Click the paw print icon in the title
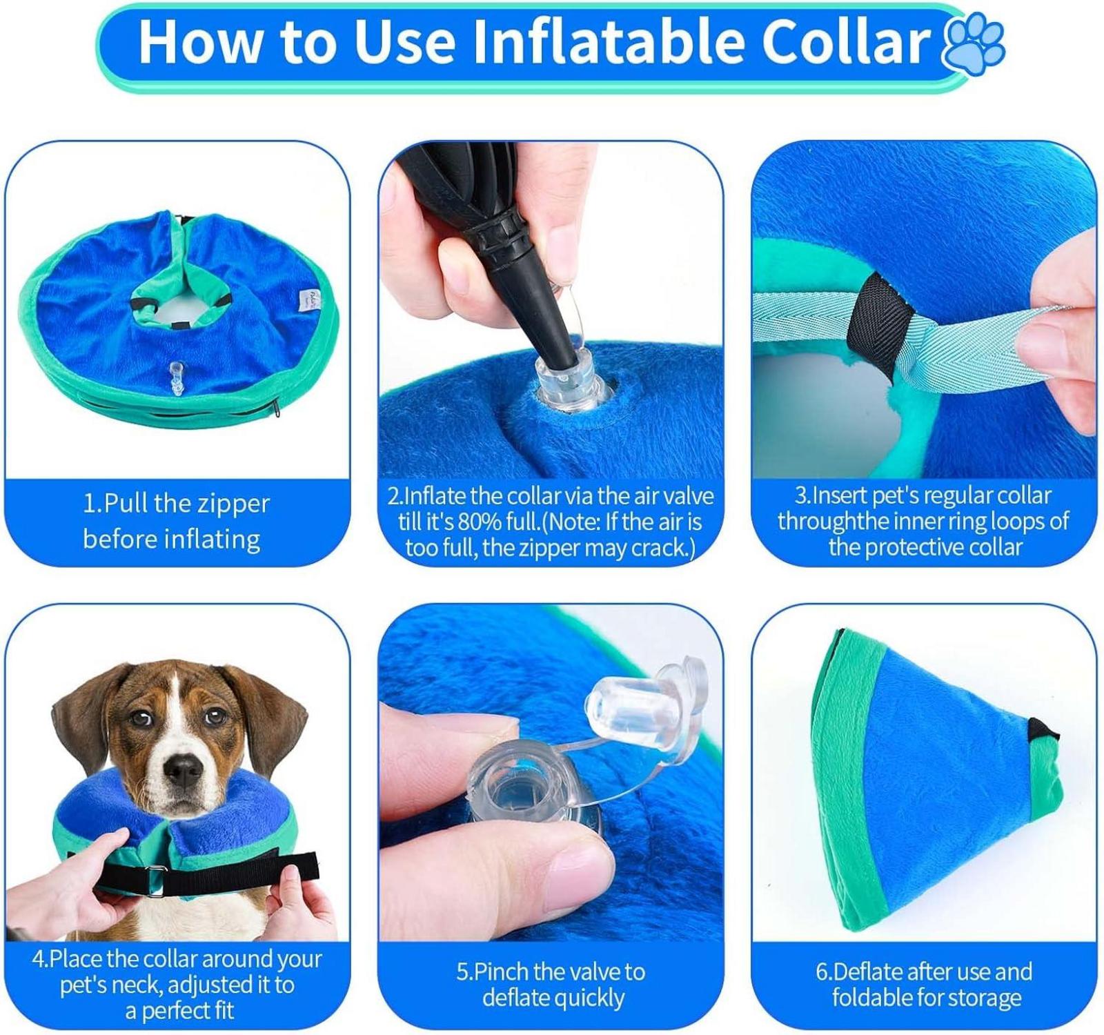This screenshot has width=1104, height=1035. (973, 43)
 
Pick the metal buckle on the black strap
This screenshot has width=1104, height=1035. (157, 885)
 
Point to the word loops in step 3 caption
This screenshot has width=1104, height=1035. (1016, 521)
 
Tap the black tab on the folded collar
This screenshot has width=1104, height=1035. (1038, 727)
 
